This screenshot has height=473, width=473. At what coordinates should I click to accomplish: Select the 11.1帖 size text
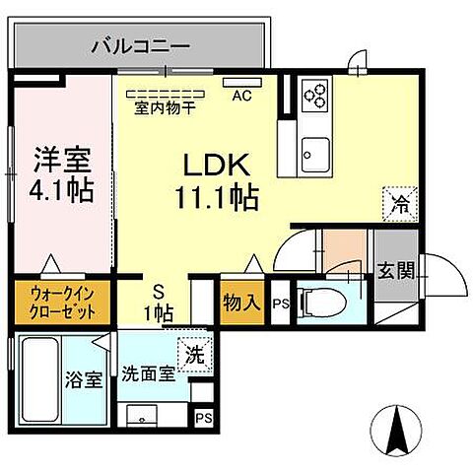219,197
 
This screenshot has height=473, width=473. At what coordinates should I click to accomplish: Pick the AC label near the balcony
239,97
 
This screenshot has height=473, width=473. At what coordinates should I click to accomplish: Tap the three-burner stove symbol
315,93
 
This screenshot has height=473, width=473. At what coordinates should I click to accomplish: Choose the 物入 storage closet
240,302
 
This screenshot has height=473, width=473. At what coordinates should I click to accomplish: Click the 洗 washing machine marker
195,353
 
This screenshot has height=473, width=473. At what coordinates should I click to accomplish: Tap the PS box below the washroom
203,417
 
